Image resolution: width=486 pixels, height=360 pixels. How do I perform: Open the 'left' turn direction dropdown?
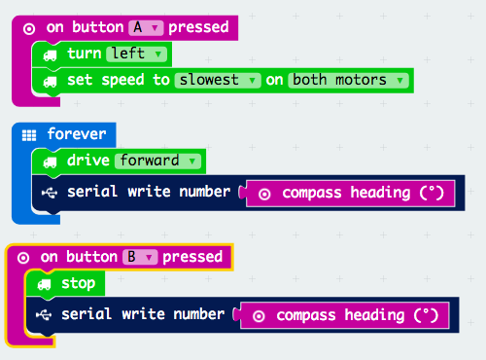click(x=135, y=54)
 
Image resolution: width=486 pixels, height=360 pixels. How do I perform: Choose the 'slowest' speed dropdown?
click(x=219, y=80)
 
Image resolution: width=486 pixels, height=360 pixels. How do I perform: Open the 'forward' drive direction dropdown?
click(x=157, y=160)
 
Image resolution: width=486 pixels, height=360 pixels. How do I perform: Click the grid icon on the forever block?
click(x=29, y=134)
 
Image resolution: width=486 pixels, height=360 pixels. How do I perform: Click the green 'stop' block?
click(x=78, y=283)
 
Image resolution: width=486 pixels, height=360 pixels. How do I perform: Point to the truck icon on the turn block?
click(x=50, y=54)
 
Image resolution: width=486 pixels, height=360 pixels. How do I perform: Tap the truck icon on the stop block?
click(x=44, y=284)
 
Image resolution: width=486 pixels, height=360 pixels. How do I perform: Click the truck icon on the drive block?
click(x=50, y=161)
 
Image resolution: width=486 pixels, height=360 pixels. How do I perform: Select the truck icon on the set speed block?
click(x=50, y=81)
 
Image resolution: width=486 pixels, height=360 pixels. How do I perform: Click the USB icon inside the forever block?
click(x=50, y=192)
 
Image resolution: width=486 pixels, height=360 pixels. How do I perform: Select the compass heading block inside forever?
click(x=350, y=193)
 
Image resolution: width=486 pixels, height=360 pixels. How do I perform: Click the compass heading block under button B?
click(x=344, y=315)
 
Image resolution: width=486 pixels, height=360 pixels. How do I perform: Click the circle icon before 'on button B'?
click(x=22, y=257)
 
